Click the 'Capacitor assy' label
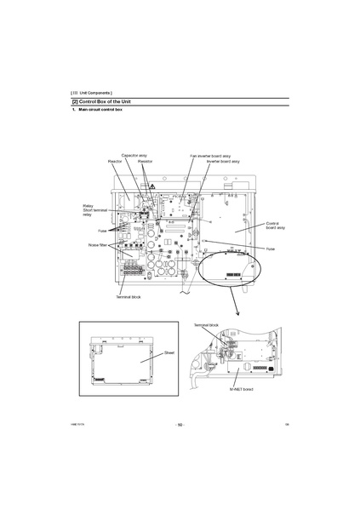[134, 156]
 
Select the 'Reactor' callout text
[115, 161]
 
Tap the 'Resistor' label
[145, 161]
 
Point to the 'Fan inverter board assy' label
[209, 156]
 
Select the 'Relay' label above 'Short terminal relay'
[88, 206]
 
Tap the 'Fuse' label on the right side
[270, 249]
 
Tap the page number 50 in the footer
[180, 425]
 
